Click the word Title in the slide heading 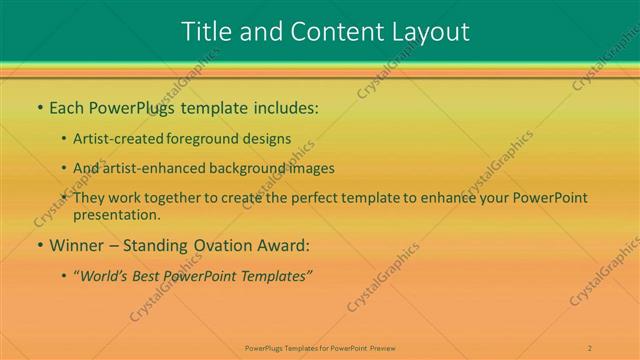coord(207,31)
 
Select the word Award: coord(284,244)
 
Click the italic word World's coord(106,275)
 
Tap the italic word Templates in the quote coord(278,275)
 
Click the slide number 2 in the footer coord(590,347)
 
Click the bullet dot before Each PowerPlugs coord(39,107)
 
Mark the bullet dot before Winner coord(39,245)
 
